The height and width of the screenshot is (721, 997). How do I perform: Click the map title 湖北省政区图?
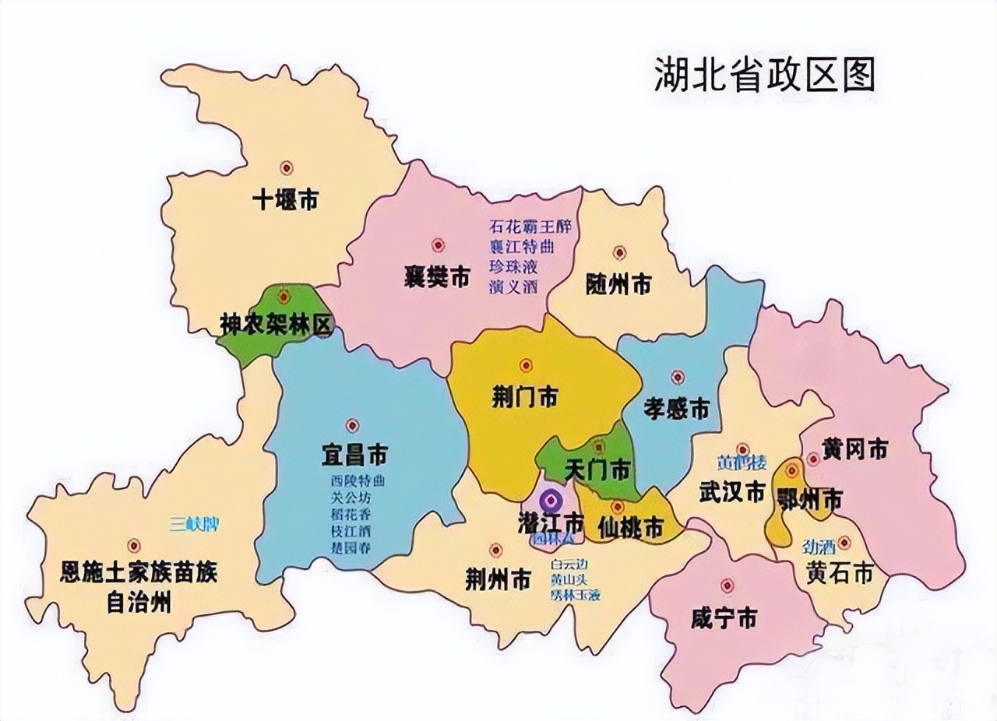[x=765, y=74]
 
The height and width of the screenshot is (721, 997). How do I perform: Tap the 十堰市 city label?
[x=285, y=200]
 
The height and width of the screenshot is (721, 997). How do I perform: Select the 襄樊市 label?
[x=437, y=276]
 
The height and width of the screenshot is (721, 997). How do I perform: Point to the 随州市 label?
[x=618, y=284]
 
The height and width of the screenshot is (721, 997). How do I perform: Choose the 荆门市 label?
[x=525, y=396]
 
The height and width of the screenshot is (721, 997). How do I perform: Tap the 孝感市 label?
[x=677, y=407]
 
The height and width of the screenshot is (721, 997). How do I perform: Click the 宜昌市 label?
[x=354, y=454]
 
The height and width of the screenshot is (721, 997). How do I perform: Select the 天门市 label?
[x=597, y=470]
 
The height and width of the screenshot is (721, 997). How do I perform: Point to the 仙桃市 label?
[x=631, y=529]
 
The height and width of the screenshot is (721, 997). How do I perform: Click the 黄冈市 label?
[x=854, y=449]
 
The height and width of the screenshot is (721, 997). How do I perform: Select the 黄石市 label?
[x=840, y=574]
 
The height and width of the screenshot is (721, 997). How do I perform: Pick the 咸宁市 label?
[x=724, y=619]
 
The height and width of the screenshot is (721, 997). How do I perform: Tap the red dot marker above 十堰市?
[x=287, y=167]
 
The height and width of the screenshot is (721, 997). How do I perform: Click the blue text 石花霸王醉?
[x=530, y=227]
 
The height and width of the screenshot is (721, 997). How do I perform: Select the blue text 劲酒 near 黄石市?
[x=815, y=546]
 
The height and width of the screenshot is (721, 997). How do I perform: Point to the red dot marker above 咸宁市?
[x=727, y=586]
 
